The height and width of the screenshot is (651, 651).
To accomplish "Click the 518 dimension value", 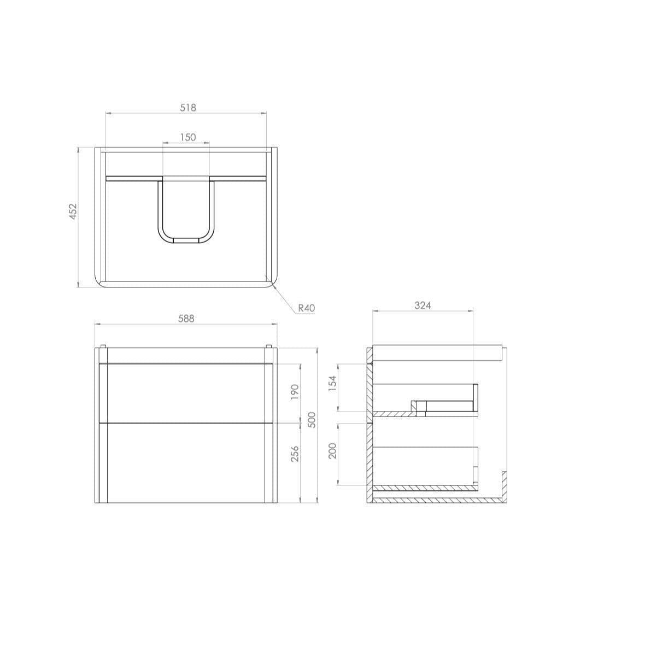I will [x=187, y=108].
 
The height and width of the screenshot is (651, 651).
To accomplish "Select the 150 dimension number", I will [x=187, y=137].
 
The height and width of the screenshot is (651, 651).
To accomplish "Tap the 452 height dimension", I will [x=73, y=212].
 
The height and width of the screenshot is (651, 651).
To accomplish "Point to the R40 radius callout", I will [x=307, y=309].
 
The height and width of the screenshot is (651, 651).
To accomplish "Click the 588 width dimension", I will [x=187, y=318].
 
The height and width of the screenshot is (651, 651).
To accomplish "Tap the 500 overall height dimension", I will [x=312, y=419].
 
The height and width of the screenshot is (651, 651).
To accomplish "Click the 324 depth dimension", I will [x=422, y=305].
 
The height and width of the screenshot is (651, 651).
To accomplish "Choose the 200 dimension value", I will [x=333, y=451].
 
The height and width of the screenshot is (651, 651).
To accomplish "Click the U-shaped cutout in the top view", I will [x=186, y=210].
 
